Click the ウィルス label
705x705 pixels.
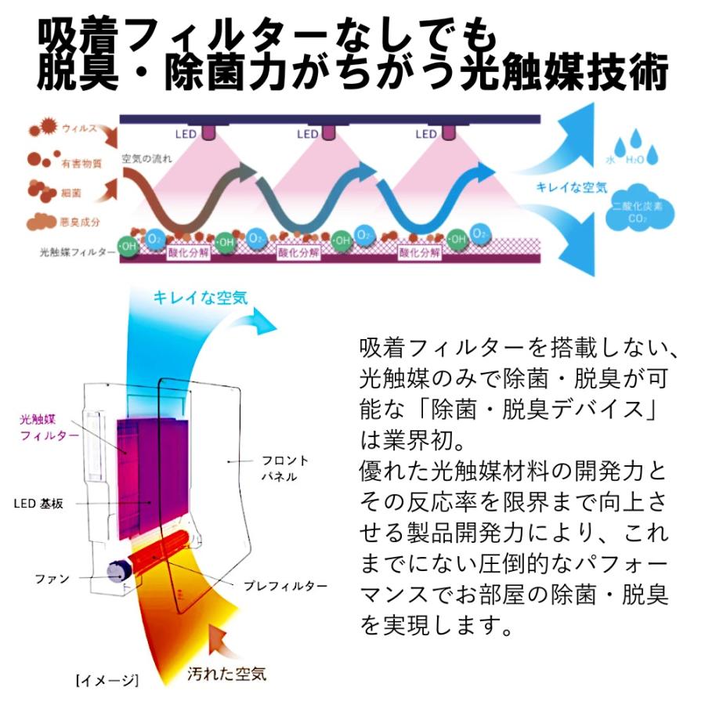tap(79, 127)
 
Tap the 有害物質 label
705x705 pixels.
tap(81, 164)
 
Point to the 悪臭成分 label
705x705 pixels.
tap(81, 222)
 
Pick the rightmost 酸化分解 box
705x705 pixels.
tap(420, 252)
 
